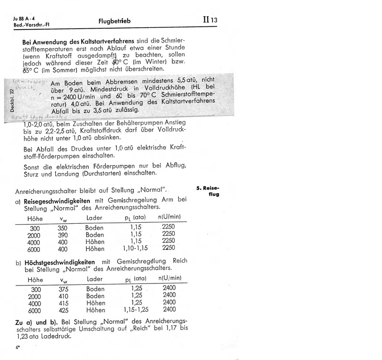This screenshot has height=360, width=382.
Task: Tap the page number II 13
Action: click(x=210, y=20)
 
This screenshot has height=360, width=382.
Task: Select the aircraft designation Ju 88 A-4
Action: click(x=24, y=18)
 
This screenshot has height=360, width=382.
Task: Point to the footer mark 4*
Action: click(x=17, y=347)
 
